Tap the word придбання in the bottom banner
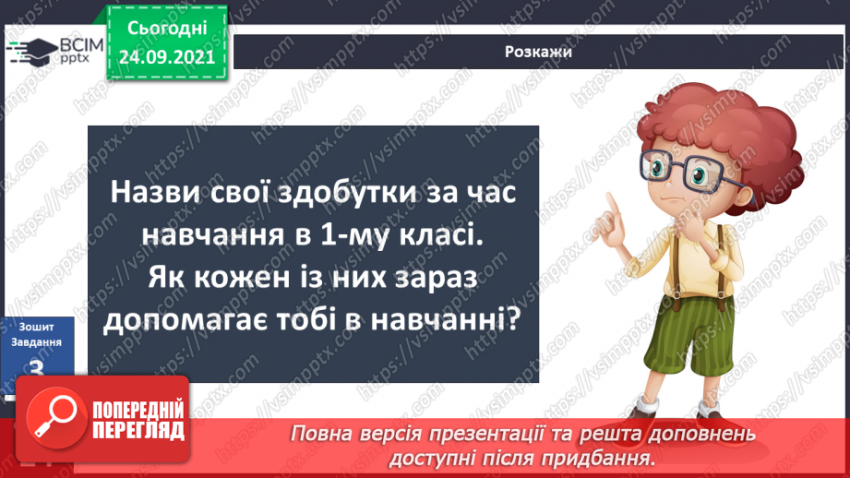pos(605,456)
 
